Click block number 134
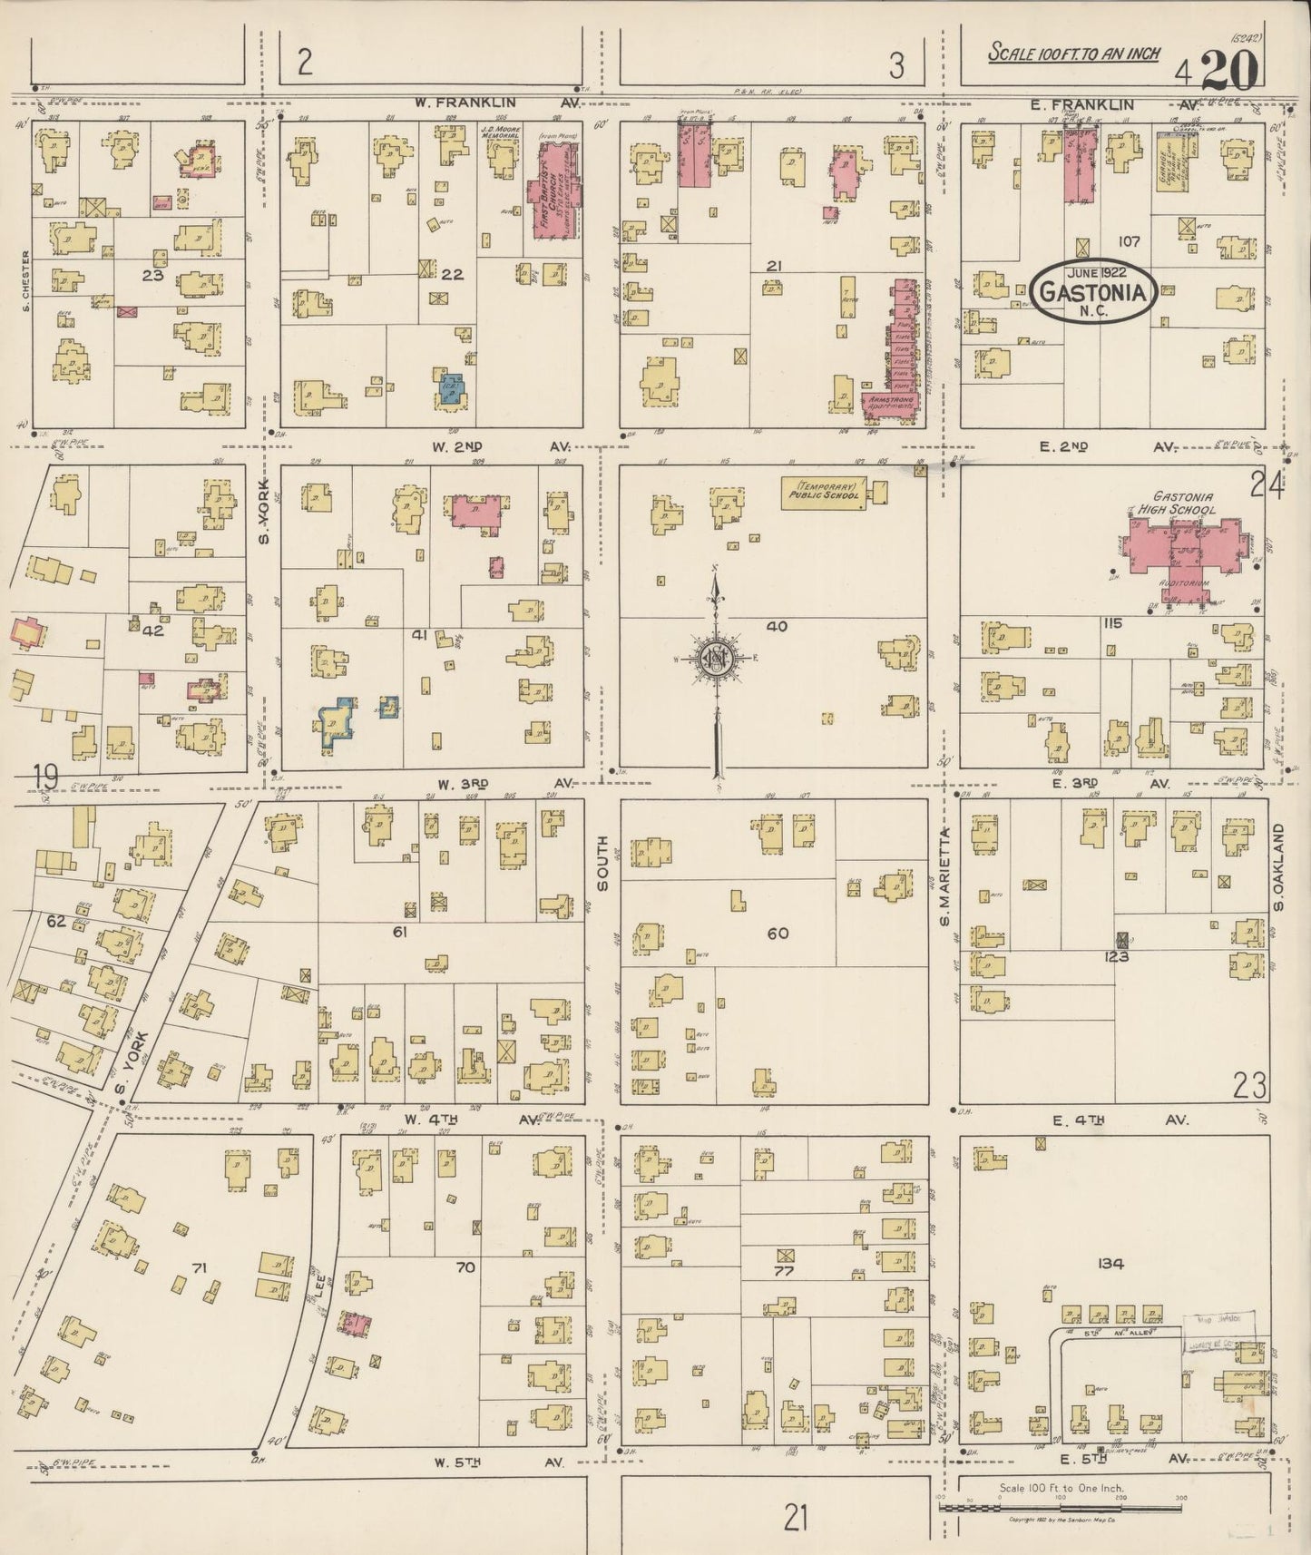(x=1110, y=1263)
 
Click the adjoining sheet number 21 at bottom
(x=797, y=1516)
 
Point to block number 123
(x=1116, y=981)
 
